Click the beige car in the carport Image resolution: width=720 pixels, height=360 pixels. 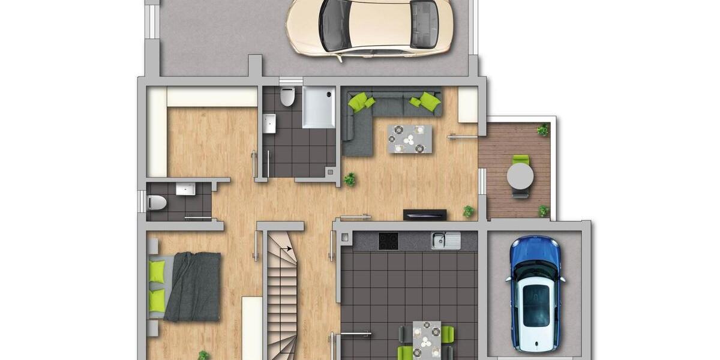(368, 27)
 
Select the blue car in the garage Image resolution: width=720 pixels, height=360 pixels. (535, 293)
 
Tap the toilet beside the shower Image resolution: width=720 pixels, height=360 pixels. (288, 96)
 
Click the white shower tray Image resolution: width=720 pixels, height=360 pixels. (319, 107)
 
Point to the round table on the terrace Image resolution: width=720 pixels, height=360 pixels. (520, 176)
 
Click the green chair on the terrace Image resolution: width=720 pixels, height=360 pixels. (521, 160)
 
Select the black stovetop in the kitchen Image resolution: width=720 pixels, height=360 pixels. (388, 241)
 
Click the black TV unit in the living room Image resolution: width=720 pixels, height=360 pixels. (425, 214)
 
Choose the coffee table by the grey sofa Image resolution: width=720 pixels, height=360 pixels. (409, 139)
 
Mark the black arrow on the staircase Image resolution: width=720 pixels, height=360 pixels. (287, 247)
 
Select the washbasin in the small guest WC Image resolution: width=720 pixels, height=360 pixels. (185, 190)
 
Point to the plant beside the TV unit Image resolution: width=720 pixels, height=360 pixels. (468, 211)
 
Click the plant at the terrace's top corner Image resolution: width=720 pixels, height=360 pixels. (542, 130)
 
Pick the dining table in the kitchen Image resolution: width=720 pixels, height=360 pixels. (427, 340)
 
